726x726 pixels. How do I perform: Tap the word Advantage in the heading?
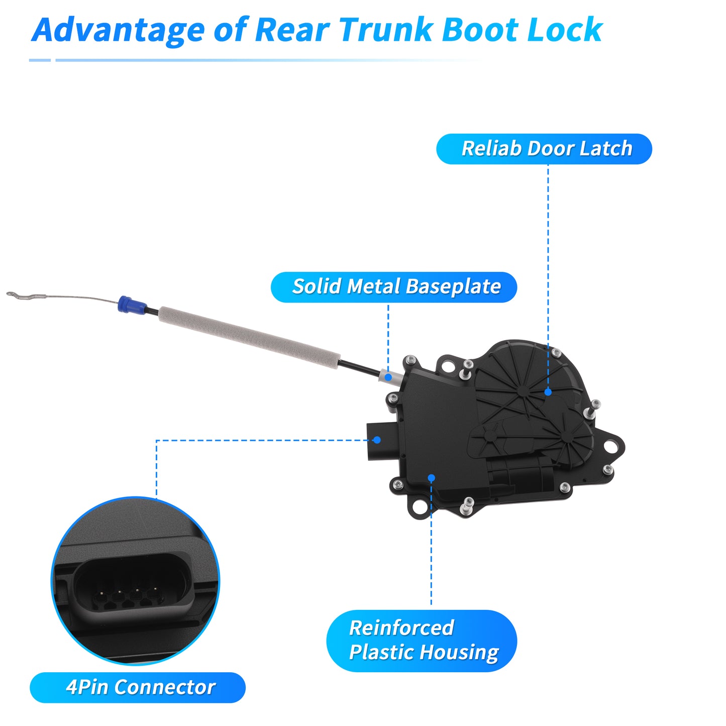point(118,31)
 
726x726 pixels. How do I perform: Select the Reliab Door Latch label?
point(544,149)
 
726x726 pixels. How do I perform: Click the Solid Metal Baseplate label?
point(394,287)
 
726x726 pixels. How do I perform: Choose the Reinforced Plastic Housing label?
point(422,641)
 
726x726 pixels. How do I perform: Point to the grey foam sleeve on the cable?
point(249,334)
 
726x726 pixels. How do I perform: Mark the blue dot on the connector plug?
point(377,440)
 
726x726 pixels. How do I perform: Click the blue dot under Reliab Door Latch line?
point(548,392)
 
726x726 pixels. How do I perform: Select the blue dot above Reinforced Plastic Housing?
point(432,478)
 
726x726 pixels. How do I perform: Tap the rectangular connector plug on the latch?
point(381,441)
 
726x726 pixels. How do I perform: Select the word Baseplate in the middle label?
point(454,287)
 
